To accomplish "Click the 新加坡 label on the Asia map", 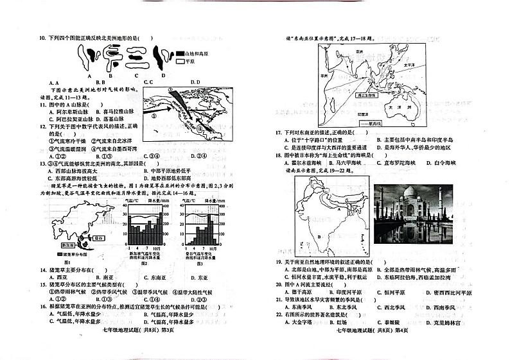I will point(67,245).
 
